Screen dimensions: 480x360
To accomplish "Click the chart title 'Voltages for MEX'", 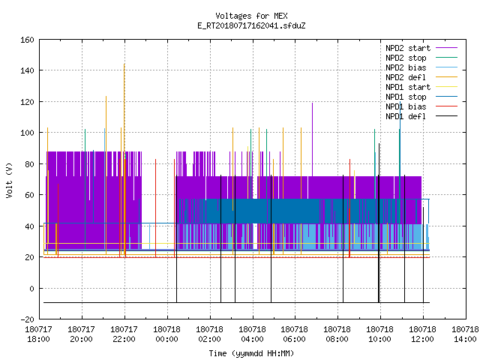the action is [x=251, y=16].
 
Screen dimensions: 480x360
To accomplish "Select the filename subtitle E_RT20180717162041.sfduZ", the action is [x=251, y=25].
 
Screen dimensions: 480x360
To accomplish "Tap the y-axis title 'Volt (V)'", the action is [x=9, y=181].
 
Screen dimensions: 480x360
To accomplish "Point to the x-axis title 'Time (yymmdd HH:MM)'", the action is [x=251, y=353].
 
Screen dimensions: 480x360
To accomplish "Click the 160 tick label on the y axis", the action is [x=27, y=40].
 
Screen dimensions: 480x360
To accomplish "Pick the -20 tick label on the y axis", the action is [x=27, y=319].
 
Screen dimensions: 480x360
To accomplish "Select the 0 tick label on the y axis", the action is [x=31, y=288].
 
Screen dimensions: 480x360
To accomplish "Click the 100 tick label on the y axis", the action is [x=27, y=133].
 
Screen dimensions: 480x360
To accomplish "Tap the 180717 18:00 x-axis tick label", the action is [x=38, y=334].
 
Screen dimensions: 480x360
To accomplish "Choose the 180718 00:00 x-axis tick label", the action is [x=166, y=334].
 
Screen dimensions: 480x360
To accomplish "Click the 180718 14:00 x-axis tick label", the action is [x=465, y=334].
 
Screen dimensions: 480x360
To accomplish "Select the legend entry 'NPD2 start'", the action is [x=421, y=48].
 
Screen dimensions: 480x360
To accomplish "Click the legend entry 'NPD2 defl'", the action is [x=421, y=77].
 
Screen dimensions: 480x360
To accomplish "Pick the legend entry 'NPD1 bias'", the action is [x=421, y=106].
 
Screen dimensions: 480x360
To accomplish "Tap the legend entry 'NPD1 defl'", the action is [x=421, y=116].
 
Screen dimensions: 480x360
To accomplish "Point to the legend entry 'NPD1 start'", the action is [x=421, y=87].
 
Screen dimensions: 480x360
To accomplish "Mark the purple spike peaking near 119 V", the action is [x=312, y=139].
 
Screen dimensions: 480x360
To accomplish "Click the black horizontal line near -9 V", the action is [x=237, y=303].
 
